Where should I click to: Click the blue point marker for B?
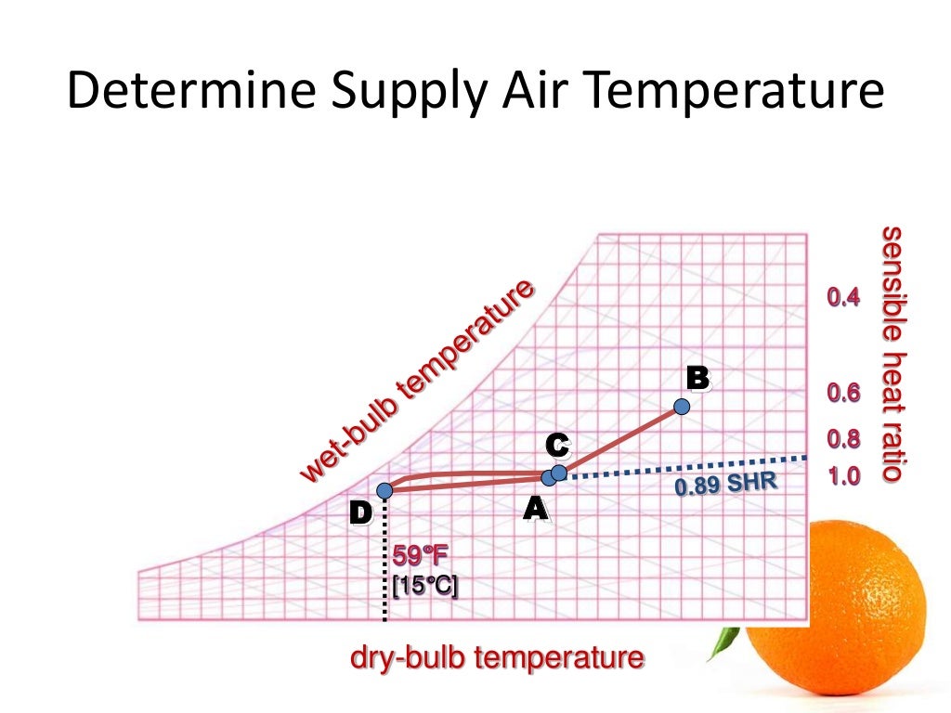(682, 407)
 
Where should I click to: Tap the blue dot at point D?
(384, 490)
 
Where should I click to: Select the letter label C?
(556, 446)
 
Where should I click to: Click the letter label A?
(534, 508)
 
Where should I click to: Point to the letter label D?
(359, 512)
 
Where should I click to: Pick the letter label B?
(697, 378)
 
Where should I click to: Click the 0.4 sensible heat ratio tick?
(843, 298)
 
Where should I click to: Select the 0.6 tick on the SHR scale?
(843, 394)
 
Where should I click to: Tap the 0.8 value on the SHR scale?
(843, 439)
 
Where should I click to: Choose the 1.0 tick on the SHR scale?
(843, 477)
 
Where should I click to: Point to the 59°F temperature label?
(420, 557)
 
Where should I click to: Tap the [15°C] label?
(423, 587)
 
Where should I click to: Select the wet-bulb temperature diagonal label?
(418, 381)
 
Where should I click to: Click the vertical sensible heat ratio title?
(892, 353)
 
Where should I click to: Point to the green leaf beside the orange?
(725, 642)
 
